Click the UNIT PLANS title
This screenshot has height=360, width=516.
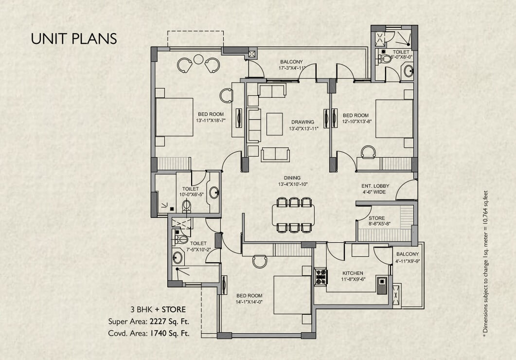[74, 39]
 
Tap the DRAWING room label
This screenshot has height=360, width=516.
[302, 122]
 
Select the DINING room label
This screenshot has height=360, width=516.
[293, 178]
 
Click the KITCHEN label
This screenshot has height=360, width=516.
[353, 273]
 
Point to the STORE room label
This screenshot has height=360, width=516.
[376, 218]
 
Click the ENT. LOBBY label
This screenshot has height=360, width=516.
[375, 186]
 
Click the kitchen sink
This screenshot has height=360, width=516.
[382, 285]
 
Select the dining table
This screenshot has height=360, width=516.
[293, 215]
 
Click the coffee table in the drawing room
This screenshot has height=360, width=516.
[274, 124]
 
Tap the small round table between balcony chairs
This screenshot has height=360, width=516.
[198, 59]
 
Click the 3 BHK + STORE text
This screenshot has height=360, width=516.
[158, 310]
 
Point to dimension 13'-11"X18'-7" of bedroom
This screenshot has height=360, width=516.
[211, 121]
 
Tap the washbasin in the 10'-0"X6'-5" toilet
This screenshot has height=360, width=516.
[214, 193]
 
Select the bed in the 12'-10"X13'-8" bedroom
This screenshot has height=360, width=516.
[394, 119]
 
